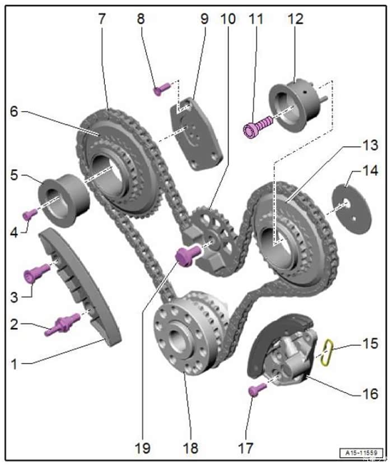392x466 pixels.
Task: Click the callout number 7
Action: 101,19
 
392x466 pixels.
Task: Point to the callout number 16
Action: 369,394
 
